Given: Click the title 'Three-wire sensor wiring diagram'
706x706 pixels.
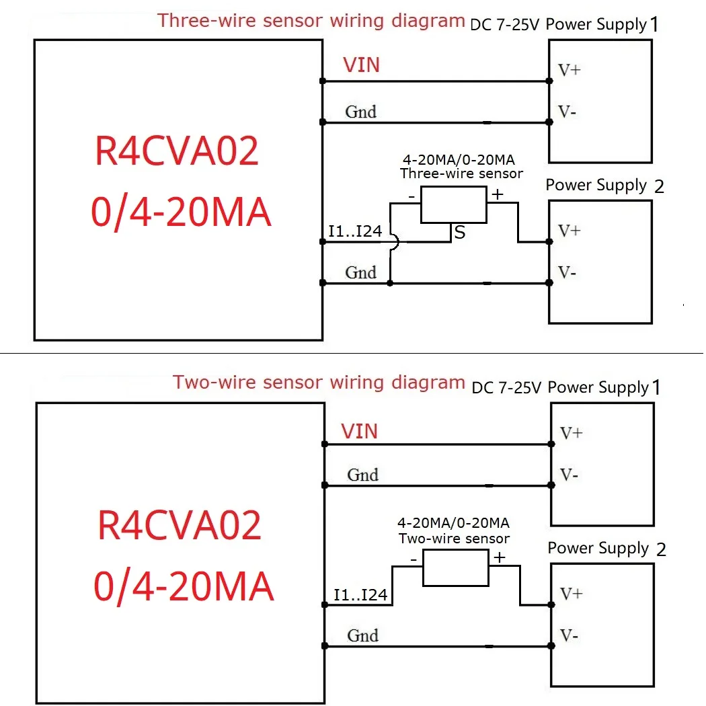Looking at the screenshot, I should (x=311, y=20).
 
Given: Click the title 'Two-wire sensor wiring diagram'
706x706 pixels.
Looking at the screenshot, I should (x=319, y=383).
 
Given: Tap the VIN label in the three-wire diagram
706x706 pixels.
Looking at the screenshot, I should (x=361, y=65).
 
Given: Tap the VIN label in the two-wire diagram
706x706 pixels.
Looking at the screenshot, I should (x=359, y=431).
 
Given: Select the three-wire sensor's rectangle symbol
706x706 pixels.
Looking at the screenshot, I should (x=454, y=205).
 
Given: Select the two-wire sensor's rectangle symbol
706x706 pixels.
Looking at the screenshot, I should (x=455, y=567).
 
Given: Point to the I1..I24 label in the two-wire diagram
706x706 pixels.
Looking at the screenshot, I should (x=360, y=595).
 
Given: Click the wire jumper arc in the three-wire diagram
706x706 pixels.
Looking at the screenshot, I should (x=393, y=244).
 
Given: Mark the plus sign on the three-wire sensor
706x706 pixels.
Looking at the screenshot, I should (x=498, y=195).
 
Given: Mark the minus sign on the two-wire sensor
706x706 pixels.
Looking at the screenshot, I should (x=414, y=559).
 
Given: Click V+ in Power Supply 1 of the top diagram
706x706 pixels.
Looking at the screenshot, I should (x=569, y=70).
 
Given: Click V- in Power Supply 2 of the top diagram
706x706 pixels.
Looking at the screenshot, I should (x=567, y=273).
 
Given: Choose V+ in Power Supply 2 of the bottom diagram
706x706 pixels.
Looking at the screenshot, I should (x=571, y=594).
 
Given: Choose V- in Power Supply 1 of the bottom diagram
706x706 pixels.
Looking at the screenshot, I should (x=569, y=475).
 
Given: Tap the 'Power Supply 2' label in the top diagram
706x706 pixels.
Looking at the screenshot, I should (x=604, y=186).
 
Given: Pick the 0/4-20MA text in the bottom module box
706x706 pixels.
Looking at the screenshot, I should (x=183, y=586).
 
